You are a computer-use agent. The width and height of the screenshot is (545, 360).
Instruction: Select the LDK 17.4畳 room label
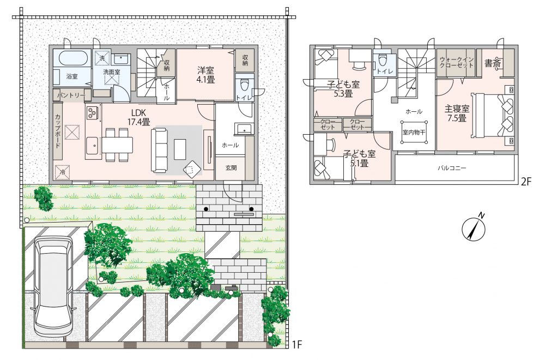141,117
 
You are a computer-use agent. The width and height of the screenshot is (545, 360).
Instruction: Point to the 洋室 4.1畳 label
206,75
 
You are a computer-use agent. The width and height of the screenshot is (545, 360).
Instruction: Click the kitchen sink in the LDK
93,146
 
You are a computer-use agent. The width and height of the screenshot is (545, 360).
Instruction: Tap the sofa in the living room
159,150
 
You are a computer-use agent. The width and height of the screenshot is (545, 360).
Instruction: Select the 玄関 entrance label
231,168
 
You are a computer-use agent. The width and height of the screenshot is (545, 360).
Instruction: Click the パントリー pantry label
71,95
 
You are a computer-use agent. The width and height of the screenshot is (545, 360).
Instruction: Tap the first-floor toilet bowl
244,84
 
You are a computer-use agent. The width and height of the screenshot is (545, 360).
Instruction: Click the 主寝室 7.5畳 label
457,113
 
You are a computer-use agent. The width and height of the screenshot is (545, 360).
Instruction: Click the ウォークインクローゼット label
456,62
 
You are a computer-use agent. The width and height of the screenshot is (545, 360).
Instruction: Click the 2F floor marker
526,182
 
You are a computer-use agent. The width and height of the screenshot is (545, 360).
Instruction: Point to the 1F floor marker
297,345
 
